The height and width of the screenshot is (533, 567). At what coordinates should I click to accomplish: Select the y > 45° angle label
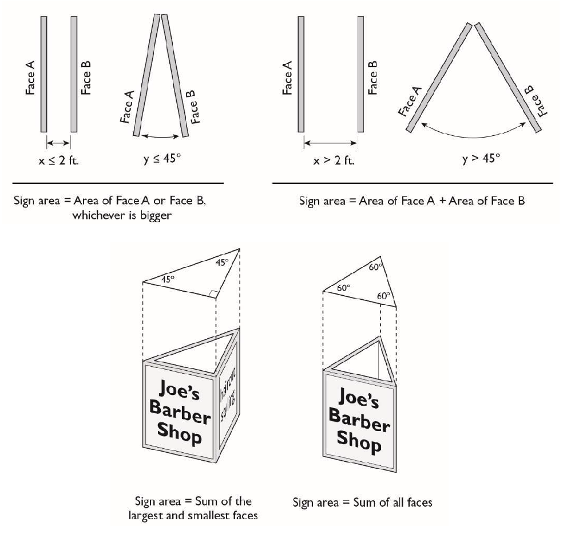point(480,157)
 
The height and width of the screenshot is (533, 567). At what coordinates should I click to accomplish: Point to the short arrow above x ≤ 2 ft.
point(58,142)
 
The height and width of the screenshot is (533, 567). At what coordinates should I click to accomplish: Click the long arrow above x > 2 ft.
point(331,142)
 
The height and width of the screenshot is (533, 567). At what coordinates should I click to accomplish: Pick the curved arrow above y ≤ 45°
point(161,136)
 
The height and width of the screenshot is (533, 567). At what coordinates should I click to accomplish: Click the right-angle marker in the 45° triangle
point(213,294)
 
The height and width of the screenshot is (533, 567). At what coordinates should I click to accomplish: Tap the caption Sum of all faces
point(362,503)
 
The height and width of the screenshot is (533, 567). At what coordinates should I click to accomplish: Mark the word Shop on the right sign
point(359,440)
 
